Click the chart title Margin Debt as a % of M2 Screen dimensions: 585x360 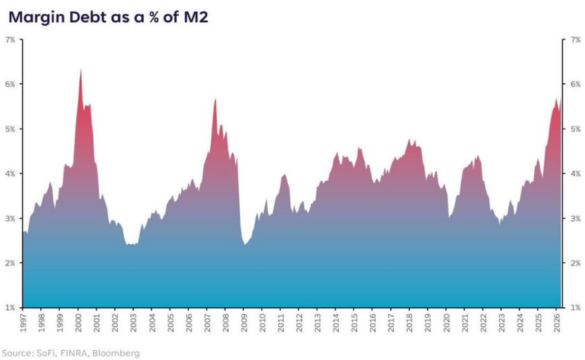(108, 17)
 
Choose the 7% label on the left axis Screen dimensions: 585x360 (10, 39)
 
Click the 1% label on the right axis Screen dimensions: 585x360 (576, 308)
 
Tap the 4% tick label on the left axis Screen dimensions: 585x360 (10, 174)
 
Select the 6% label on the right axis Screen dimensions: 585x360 (576, 84)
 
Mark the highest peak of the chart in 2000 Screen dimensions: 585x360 (81, 69)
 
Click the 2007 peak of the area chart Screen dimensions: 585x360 (216, 99)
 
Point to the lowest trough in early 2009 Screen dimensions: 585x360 (245, 244)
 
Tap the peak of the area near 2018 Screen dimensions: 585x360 (409, 139)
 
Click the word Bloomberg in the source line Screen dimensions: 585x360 (116, 353)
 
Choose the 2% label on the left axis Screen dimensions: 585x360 (10, 263)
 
